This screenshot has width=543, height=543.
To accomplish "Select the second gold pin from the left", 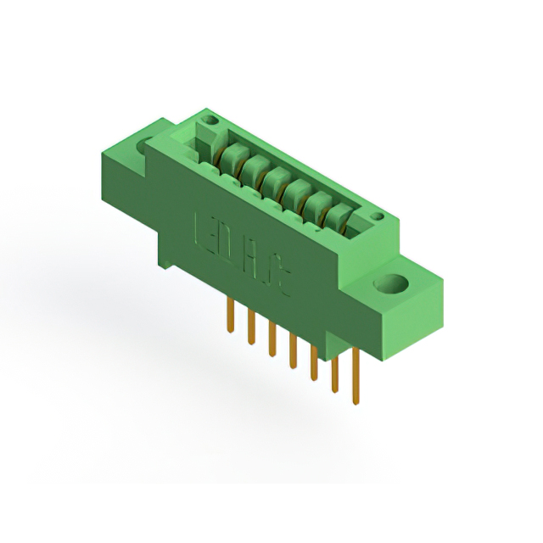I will point(251,327).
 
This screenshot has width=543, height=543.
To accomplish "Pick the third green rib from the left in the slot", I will point(275,181).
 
